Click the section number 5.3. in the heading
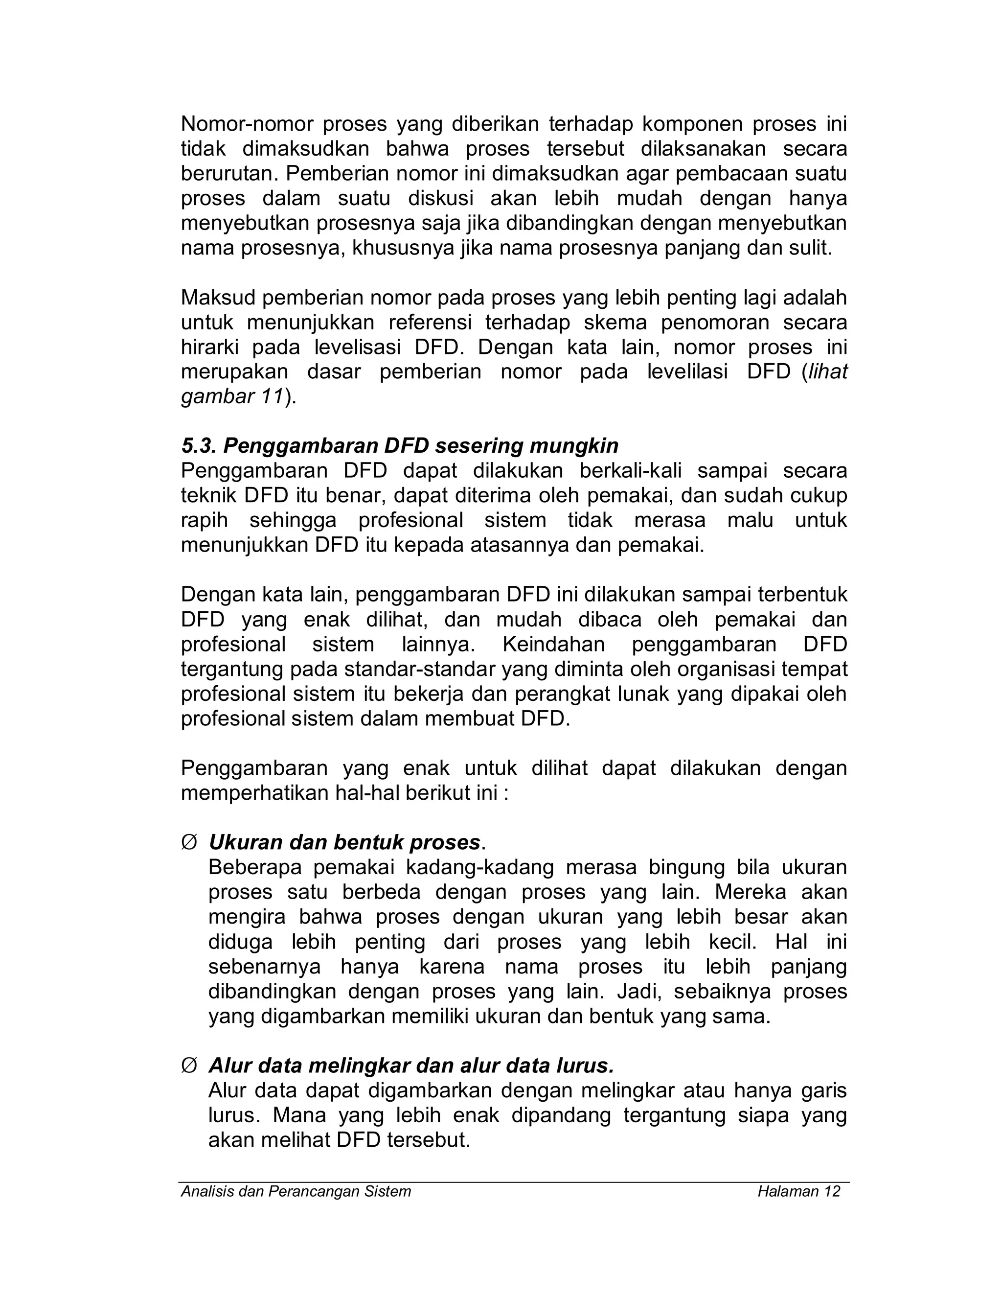[199, 445]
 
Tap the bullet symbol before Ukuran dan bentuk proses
[188, 843]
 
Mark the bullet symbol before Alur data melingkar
[188, 1066]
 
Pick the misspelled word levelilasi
[687, 372]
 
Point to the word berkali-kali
[630, 470]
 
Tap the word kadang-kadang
[478, 868]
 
